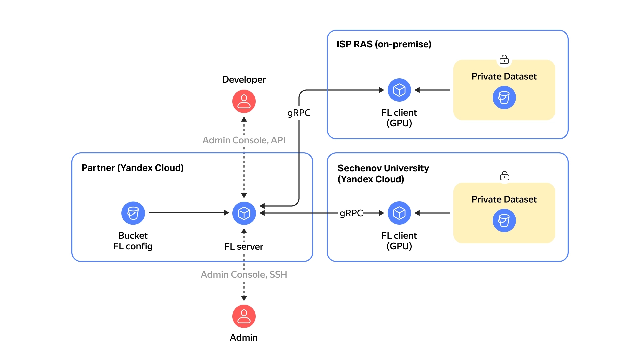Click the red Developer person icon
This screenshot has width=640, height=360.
click(x=244, y=101)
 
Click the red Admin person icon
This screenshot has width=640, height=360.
click(x=244, y=316)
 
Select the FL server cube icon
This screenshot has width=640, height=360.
click(x=244, y=213)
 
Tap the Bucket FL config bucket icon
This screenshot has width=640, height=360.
click(x=133, y=213)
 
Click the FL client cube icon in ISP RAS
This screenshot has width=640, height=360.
click(x=399, y=90)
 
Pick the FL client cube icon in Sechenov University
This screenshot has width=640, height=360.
click(x=399, y=213)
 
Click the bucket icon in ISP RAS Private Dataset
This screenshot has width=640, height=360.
click(x=504, y=98)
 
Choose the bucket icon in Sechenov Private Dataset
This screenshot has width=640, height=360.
click(x=504, y=220)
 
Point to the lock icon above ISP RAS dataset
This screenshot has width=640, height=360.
click(x=504, y=60)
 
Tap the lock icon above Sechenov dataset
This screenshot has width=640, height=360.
click(x=504, y=176)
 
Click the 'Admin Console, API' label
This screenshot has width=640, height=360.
click(x=244, y=140)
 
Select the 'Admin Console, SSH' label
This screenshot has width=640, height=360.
click(x=244, y=274)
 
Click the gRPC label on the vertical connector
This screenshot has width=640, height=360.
click(x=299, y=113)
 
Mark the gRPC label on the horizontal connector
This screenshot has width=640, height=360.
click(x=351, y=213)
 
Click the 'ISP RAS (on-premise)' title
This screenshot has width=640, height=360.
click(x=384, y=44)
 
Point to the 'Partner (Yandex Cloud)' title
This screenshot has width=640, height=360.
click(x=132, y=168)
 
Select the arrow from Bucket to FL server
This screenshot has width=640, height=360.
click(x=188, y=213)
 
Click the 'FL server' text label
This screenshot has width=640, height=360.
click(x=244, y=247)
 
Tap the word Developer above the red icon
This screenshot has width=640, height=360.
click(x=244, y=80)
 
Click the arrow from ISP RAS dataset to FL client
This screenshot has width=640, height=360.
click(x=432, y=90)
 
